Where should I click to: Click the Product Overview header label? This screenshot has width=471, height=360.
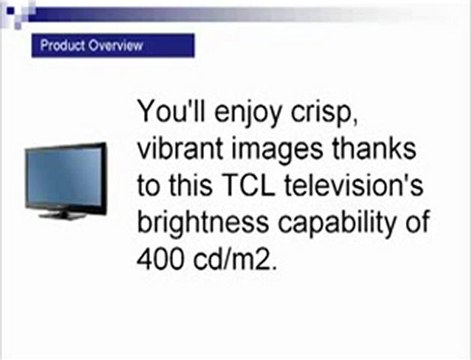click(91, 46)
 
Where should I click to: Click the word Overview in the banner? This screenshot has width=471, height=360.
click(116, 46)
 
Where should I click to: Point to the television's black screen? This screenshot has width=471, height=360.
click(65, 176)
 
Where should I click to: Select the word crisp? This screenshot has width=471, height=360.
click(335, 110)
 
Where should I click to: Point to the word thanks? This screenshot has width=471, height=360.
click(375, 147)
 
